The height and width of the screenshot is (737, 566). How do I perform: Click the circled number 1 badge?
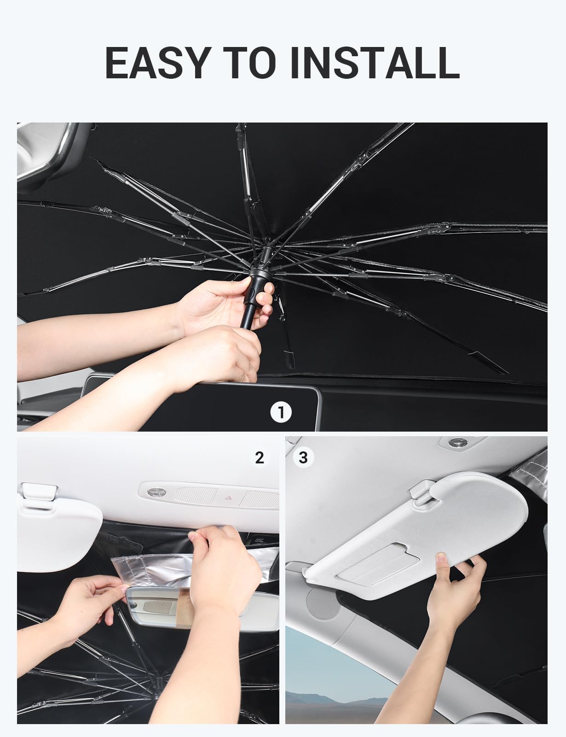(281, 412)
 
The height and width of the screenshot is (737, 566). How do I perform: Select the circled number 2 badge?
(260, 457)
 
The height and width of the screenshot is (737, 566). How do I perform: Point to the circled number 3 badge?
(303, 457)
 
